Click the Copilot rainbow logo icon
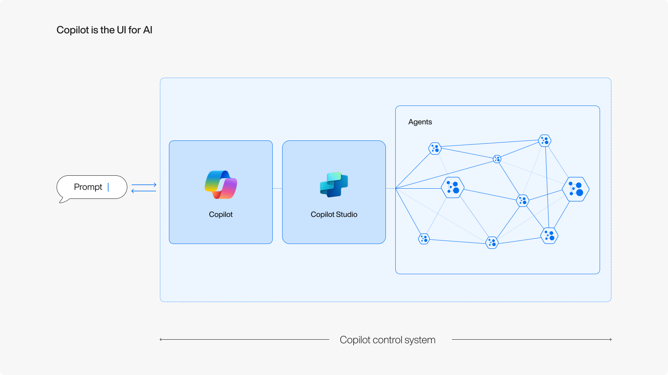(x=221, y=185)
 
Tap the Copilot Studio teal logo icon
(x=334, y=184)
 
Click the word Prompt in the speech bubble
(x=88, y=187)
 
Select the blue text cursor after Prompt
(x=108, y=187)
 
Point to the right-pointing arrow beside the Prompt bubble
(x=144, y=184)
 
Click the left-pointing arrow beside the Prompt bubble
(x=144, y=191)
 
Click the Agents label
(x=420, y=122)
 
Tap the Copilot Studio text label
(x=334, y=215)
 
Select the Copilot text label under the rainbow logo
(x=221, y=215)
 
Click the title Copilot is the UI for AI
(x=104, y=30)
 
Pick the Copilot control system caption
(x=387, y=340)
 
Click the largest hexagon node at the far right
(x=576, y=189)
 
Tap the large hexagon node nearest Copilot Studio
(x=453, y=187)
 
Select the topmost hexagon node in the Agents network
(x=545, y=140)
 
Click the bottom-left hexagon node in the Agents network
(x=424, y=238)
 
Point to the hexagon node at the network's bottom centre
(x=492, y=242)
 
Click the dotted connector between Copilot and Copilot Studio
(x=277, y=189)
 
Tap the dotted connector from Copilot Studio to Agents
(x=391, y=189)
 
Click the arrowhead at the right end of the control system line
(x=610, y=339)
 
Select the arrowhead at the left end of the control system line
(x=161, y=339)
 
